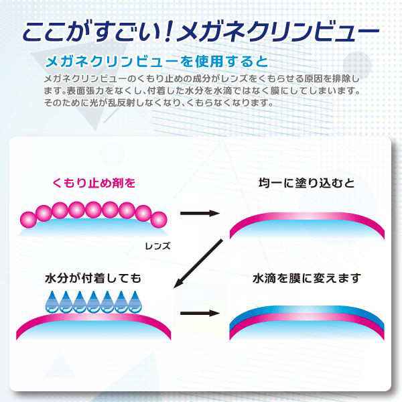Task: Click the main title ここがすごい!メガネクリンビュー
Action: coord(201,33)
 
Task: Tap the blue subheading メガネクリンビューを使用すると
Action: coord(157,62)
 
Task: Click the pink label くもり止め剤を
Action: coord(94,183)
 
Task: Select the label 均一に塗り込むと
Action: coord(306,183)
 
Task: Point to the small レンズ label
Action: coord(157,246)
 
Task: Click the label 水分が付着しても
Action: coord(93,278)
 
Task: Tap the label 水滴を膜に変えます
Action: coord(307,278)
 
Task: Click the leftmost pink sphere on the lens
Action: coord(28,220)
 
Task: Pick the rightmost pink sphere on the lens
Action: coord(159,220)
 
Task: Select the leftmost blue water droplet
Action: coord(52,302)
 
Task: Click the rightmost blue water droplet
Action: coord(135,302)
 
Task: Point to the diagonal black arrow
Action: coord(198,263)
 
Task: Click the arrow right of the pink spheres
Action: coord(200,213)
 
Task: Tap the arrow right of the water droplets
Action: coord(200,314)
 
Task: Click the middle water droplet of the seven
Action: coord(94,302)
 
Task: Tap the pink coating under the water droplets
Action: coord(93,318)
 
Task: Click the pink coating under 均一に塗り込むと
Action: coord(307,216)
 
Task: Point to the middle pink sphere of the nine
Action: coord(93,210)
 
